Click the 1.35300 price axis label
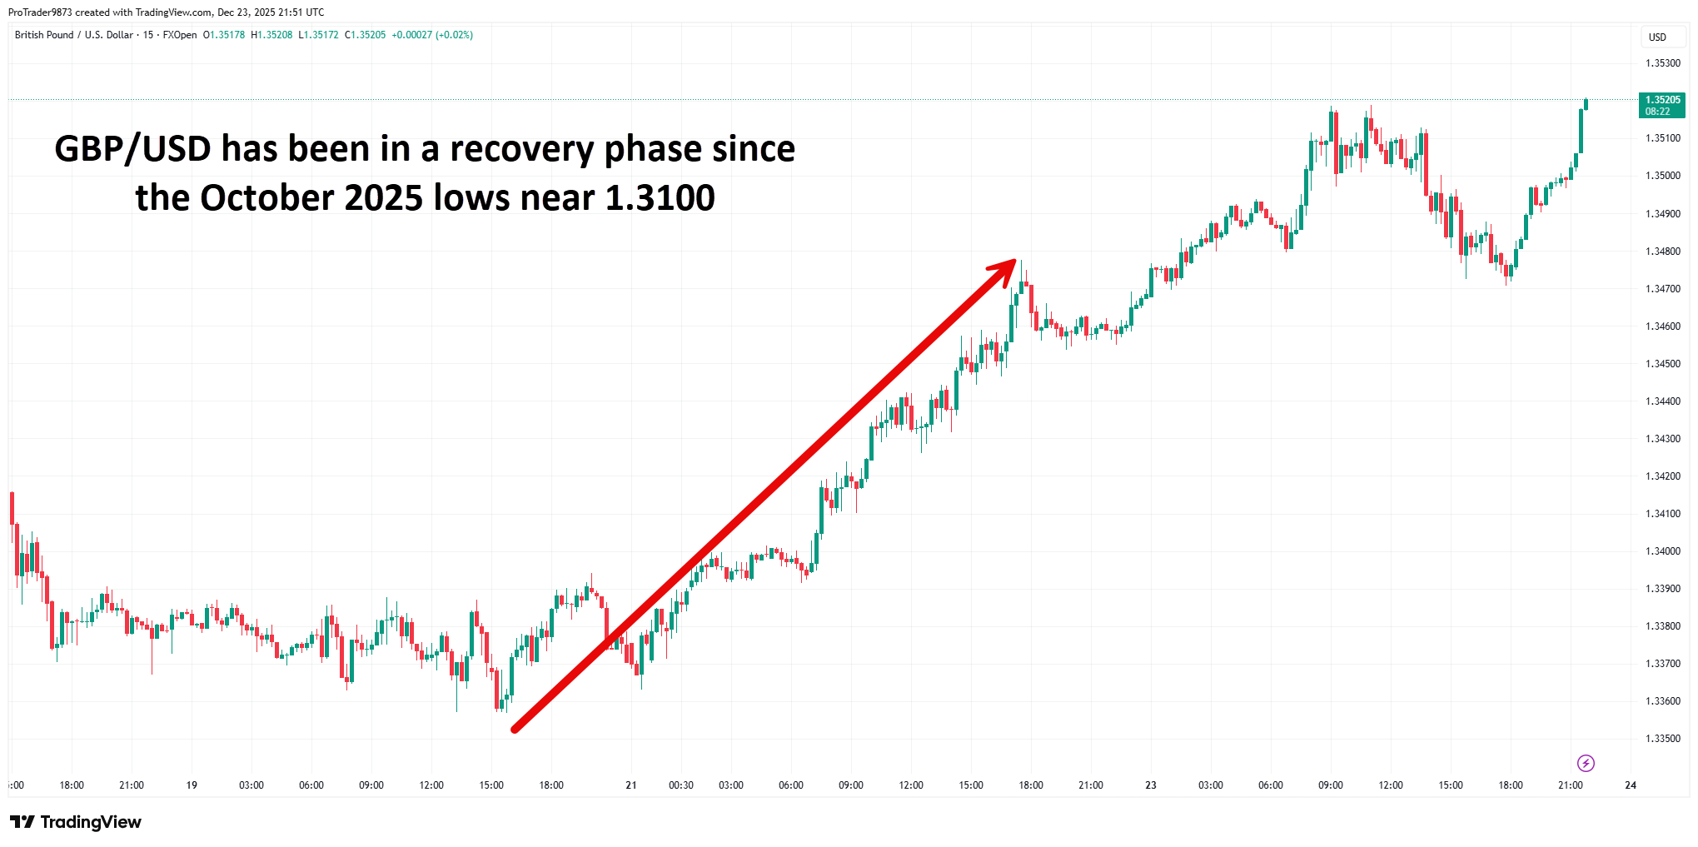click(1662, 63)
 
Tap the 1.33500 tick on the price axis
click(1662, 739)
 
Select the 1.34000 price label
click(1662, 551)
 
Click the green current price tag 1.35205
click(1662, 105)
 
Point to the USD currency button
click(1657, 37)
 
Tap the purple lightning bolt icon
click(1586, 763)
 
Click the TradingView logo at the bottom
click(77, 822)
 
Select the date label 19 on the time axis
click(192, 785)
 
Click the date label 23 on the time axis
click(1151, 785)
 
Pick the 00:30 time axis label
click(680, 785)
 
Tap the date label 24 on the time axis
click(1631, 785)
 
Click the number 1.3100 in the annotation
click(660, 198)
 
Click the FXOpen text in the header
click(180, 35)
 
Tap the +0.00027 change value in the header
click(411, 35)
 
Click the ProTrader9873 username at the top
click(40, 12)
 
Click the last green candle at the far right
click(1586, 104)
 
